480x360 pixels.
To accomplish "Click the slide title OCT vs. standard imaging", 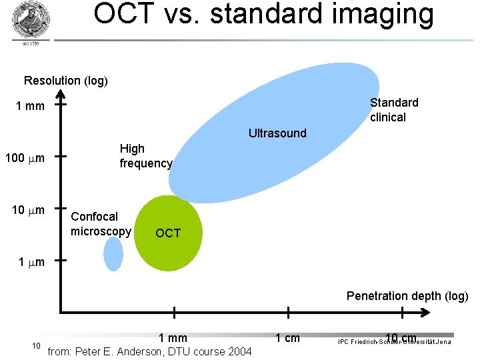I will (x=263, y=15).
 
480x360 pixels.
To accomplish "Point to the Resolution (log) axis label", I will (x=66, y=81).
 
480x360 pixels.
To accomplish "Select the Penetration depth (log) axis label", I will (x=407, y=296).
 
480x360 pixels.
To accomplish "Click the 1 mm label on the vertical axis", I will (x=31, y=106).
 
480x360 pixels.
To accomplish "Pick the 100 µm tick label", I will (x=25, y=158).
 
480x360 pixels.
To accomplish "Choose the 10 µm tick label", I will (x=29, y=211).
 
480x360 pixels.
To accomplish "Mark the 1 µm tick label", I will (x=31, y=262).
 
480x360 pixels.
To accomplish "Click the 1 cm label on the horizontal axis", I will (x=287, y=338).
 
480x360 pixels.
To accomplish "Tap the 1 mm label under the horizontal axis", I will (x=173, y=338).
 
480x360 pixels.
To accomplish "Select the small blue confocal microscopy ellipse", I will (x=114, y=254).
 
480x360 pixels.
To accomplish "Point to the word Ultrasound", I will (x=277, y=133).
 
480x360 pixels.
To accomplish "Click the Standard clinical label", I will (x=394, y=110).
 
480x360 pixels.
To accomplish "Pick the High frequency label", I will (x=146, y=156).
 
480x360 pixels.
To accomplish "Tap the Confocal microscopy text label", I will (x=101, y=224).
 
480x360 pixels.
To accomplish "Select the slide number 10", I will (x=37, y=345).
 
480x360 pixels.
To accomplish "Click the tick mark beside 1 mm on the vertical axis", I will (x=60, y=105).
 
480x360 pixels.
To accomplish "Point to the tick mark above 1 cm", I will (x=288, y=312).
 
